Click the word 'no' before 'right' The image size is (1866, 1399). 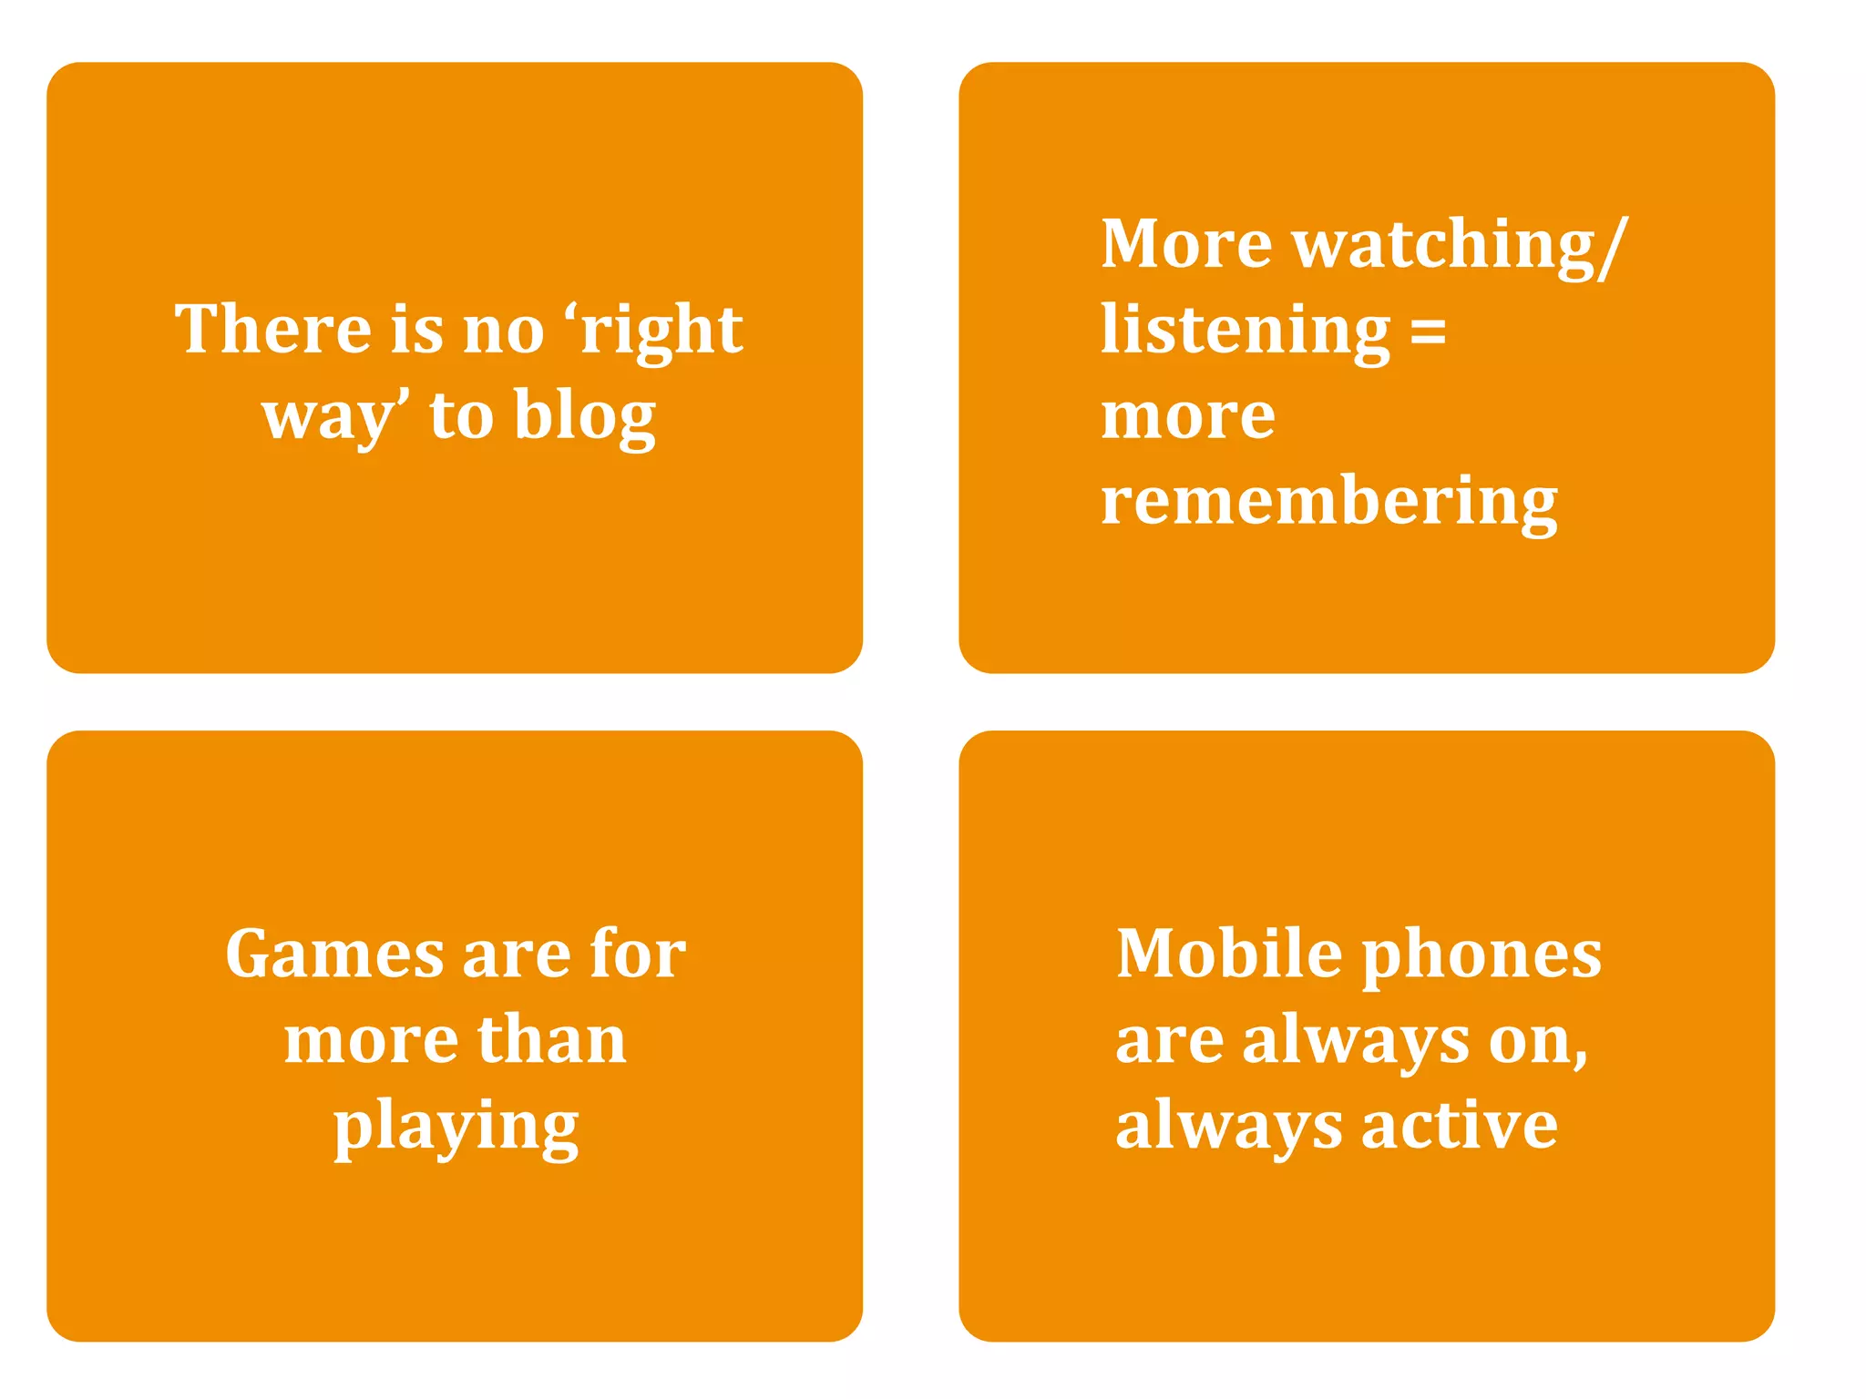504,330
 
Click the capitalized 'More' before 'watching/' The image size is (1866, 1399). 1186,244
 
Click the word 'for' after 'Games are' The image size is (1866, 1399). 638,955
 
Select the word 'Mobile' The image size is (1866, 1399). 1229,955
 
